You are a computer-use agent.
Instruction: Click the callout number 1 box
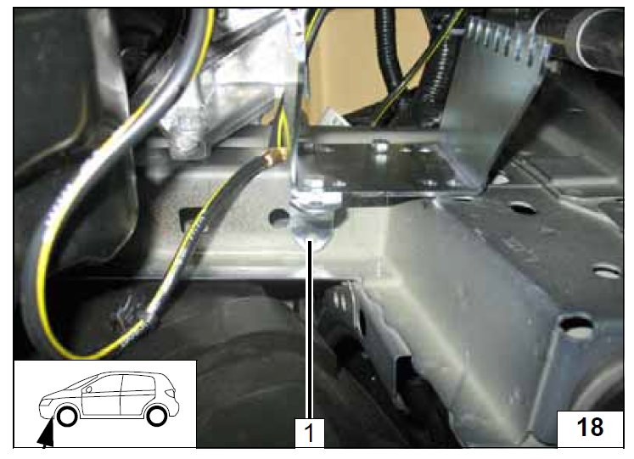pyautogui.click(x=309, y=433)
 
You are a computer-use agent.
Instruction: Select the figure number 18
pyautogui.click(x=591, y=427)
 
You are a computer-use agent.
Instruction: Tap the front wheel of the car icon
pyautogui.click(x=67, y=417)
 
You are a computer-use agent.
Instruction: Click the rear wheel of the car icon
pyautogui.click(x=157, y=417)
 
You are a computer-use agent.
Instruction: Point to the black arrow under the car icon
pyautogui.click(x=46, y=434)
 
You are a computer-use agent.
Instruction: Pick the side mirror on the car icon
pyautogui.click(x=87, y=389)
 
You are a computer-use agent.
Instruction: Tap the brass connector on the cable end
pyautogui.click(x=272, y=157)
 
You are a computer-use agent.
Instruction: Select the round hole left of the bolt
pyautogui.click(x=279, y=217)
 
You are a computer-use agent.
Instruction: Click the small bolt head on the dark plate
pyautogui.click(x=380, y=144)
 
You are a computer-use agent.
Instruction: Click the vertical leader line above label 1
pyautogui.click(x=309, y=329)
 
